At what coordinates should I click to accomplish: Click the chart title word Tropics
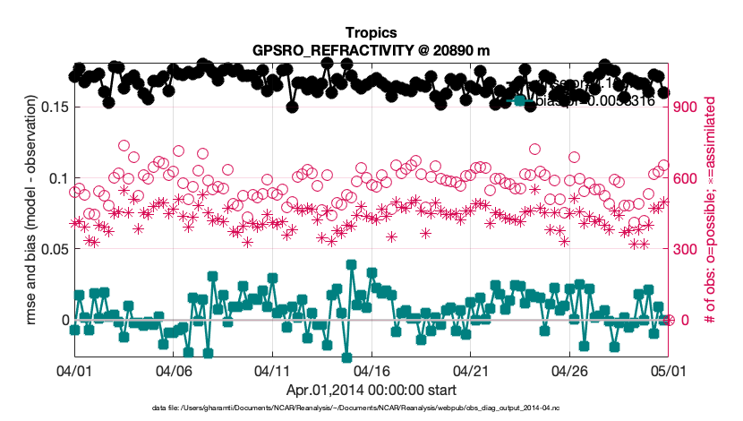(x=371, y=33)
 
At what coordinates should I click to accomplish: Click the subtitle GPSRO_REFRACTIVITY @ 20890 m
(x=371, y=49)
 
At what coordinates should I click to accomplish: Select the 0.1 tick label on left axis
(x=56, y=177)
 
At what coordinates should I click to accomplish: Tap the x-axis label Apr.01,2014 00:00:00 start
(x=371, y=390)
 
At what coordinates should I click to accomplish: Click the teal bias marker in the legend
(x=519, y=100)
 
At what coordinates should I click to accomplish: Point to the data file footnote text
(x=357, y=408)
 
